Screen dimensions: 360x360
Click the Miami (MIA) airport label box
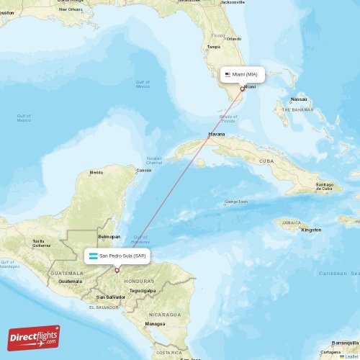(242, 74)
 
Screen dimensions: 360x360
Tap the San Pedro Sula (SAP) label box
(117, 256)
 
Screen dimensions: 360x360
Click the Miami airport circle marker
(243, 89)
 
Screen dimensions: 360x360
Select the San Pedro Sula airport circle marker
(117, 271)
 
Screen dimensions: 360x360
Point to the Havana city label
(216, 134)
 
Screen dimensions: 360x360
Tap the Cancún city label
(144, 170)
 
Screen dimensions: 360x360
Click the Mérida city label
(96, 173)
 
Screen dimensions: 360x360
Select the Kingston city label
(311, 230)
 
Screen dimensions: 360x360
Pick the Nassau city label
(299, 99)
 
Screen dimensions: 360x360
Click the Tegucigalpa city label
(143, 290)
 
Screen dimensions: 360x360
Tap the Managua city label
(154, 324)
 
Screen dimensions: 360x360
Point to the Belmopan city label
(109, 236)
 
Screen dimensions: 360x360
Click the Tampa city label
(213, 47)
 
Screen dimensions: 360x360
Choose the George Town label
(236, 202)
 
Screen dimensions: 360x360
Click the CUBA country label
(266, 161)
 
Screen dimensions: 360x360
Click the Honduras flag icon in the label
(93, 256)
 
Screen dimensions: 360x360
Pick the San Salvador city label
(112, 297)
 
